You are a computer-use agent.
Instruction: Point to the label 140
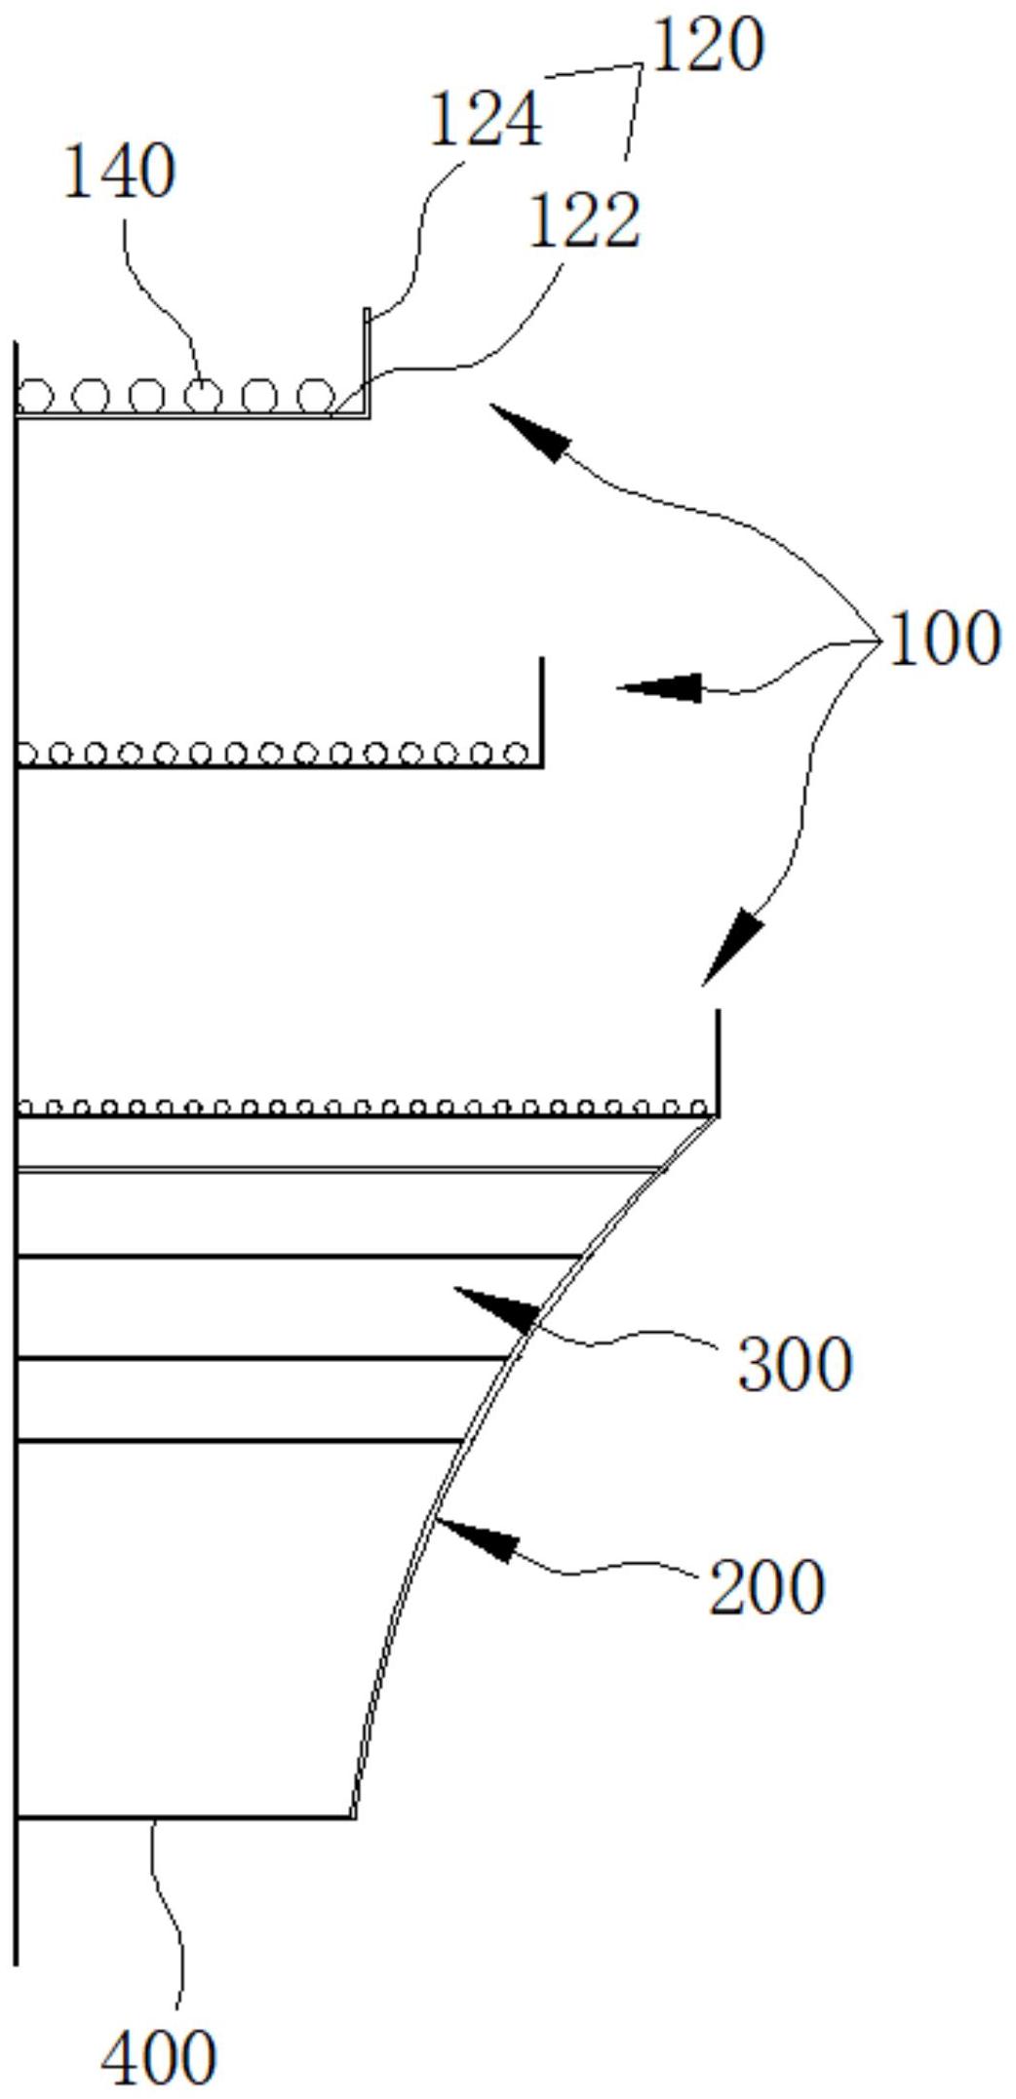(119, 173)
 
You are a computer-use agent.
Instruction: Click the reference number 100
(944, 639)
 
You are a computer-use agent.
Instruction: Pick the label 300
(795, 1364)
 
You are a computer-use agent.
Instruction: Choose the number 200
(766, 1587)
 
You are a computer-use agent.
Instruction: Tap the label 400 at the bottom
(159, 2058)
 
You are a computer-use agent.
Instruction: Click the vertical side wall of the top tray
(367, 361)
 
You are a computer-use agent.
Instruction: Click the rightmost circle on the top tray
(315, 396)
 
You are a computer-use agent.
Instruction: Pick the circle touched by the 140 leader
(203, 396)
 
